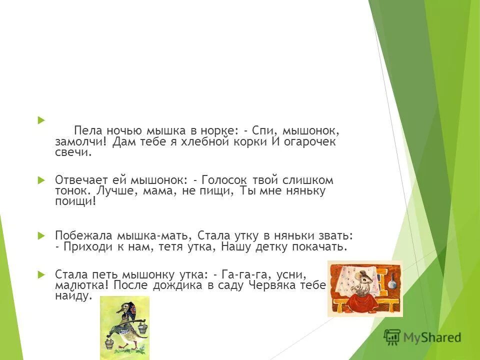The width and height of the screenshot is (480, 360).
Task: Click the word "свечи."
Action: click(73, 153)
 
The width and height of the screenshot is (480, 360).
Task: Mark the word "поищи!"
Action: click(75, 201)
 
